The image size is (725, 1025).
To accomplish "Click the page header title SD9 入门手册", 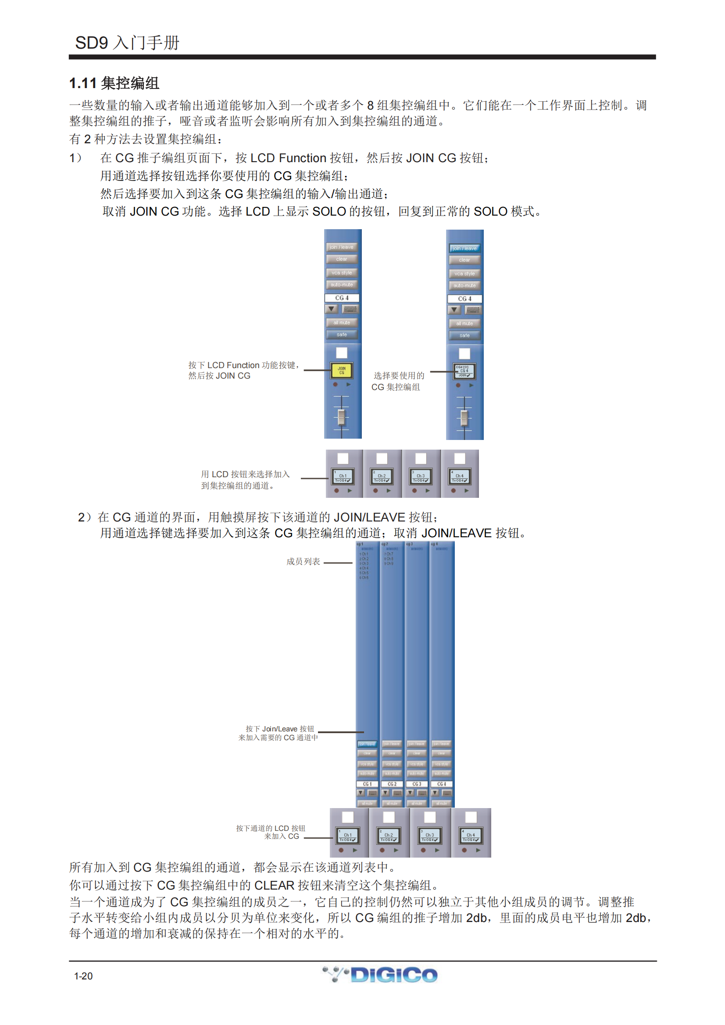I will pyautogui.click(x=127, y=43).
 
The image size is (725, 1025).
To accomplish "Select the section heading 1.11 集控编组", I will pyautogui.click(x=114, y=83).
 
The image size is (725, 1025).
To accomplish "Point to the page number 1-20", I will pyautogui.click(x=83, y=976).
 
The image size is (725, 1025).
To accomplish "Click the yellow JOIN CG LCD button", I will pyautogui.click(x=342, y=370).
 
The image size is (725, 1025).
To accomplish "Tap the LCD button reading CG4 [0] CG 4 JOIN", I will pyautogui.click(x=464, y=371).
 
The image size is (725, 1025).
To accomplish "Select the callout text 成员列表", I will pyautogui.click(x=303, y=562).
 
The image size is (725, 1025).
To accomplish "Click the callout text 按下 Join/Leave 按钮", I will pyautogui.click(x=280, y=729).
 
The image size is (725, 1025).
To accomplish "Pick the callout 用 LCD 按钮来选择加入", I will pyautogui.click(x=245, y=474).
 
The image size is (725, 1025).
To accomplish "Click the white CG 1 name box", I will pyautogui.click(x=367, y=784).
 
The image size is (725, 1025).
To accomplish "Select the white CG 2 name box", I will pyautogui.click(x=392, y=784).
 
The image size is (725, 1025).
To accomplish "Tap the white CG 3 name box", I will pyautogui.click(x=417, y=784).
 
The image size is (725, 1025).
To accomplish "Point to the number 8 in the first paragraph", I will pyautogui.click(x=370, y=105).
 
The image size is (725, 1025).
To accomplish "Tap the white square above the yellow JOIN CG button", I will pyautogui.click(x=342, y=353).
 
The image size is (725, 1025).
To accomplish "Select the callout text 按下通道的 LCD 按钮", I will pyautogui.click(x=270, y=828).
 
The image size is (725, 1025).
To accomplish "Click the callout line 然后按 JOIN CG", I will pyautogui.click(x=219, y=376).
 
